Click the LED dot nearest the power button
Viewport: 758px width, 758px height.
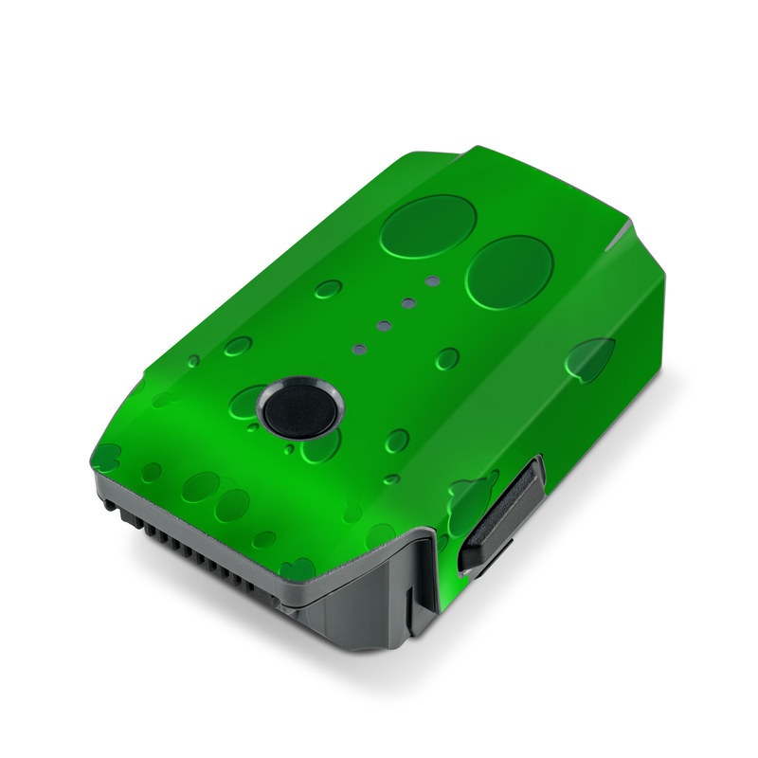[359, 347]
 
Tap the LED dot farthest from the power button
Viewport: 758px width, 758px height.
[432, 281]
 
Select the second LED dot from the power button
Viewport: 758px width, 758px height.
[384, 325]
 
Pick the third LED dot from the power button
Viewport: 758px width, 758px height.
[408, 303]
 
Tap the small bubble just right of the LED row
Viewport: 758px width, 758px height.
[447, 358]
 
